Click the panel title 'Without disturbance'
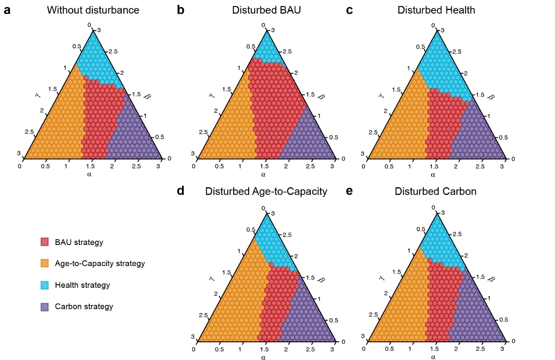93,10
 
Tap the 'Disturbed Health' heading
436,10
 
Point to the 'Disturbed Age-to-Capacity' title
266,192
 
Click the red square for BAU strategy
44,242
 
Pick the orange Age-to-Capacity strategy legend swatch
44,263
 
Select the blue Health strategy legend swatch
44,285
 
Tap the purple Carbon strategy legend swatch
44,307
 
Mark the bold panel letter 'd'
180,192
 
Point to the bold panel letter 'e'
349,192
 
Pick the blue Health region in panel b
267,50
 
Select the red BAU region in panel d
278,302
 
